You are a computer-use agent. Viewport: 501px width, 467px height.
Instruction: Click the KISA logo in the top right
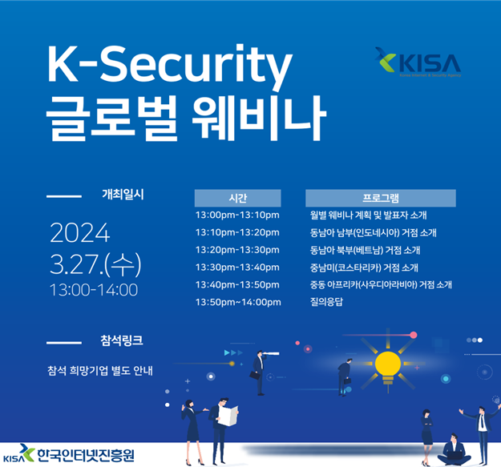click(417, 62)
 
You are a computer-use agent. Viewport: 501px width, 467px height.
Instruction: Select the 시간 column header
click(237, 198)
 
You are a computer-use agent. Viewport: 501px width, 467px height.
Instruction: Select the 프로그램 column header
click(380, 198)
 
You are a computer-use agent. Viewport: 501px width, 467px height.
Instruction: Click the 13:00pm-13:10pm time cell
click(237, 215)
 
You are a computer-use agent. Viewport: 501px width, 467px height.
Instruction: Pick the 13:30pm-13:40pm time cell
click(237, 267)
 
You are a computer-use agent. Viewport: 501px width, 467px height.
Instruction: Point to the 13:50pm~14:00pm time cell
click(238, 301)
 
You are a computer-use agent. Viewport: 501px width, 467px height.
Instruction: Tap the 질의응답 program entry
click(328, 301)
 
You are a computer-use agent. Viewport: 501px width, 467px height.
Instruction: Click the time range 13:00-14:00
click(93, 290)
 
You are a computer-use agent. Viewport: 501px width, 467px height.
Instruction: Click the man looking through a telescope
click(258, 371)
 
